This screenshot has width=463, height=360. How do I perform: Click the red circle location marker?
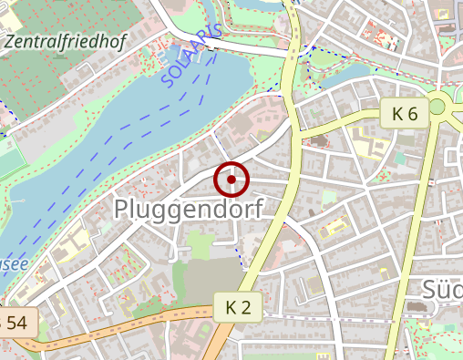pos(231,180)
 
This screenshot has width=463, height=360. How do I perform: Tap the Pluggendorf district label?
pos(188,209)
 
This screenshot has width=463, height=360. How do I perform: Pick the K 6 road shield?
pos(405,114)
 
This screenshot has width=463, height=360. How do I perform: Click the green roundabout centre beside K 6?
pos(437,106)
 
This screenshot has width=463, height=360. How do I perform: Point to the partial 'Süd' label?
pos(443,290)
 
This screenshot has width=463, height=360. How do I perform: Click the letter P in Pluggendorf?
pos(121,209)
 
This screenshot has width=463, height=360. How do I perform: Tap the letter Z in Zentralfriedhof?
pos(10,41)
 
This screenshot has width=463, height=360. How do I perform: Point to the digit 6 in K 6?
pos(413,114)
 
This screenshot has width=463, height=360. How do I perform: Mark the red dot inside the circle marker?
pos(231,180)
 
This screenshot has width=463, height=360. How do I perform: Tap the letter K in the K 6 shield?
pos(397,114)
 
